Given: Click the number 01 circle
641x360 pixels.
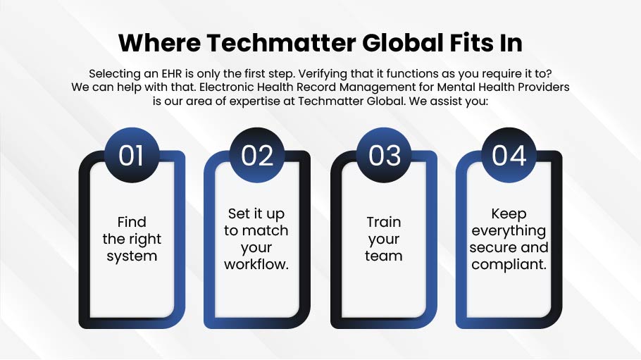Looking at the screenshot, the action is point(132,155).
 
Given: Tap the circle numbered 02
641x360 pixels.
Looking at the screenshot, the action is point(256,155).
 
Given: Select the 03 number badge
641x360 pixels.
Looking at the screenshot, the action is point(384,155).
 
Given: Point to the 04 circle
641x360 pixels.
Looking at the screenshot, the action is point(509,155).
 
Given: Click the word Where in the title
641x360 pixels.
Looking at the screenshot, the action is point(159,42).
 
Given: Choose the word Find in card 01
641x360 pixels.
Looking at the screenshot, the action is point(132,222).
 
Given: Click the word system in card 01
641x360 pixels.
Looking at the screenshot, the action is point(132,256).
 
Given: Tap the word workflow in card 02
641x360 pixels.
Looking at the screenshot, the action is point(255,265).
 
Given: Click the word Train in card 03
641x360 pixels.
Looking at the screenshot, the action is point(384,222).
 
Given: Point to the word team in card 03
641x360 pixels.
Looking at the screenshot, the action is point(384,256).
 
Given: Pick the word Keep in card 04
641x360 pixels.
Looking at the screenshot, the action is point(509,214).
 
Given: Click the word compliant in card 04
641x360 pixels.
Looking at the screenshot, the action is point(507,265).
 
